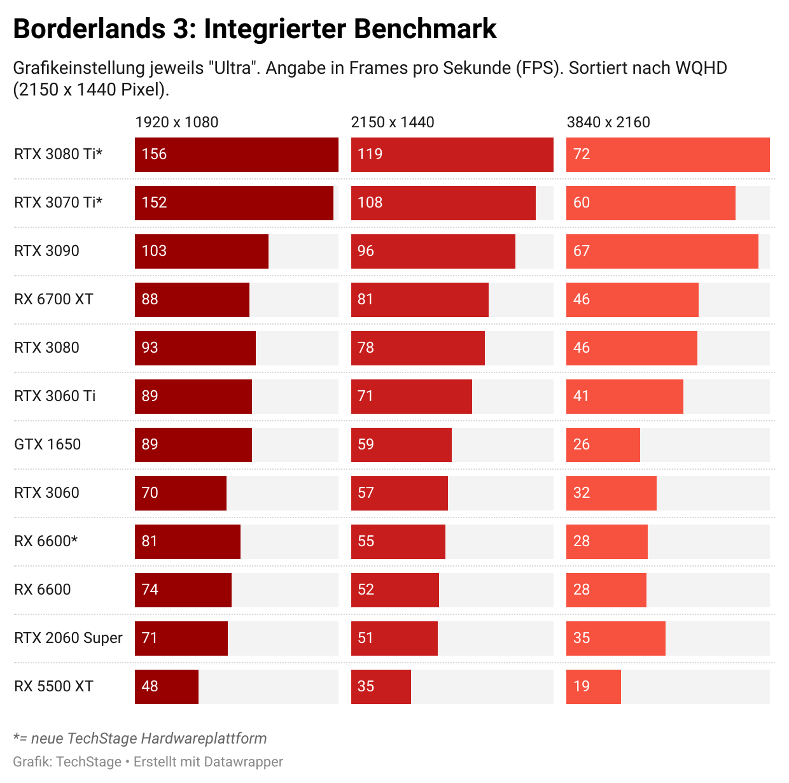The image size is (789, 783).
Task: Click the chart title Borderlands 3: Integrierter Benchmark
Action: coord(255,29)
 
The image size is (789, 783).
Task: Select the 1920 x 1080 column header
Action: coord(176,122)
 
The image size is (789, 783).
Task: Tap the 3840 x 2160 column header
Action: coord(608,122)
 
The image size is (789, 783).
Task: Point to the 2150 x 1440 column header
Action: coord(393,122)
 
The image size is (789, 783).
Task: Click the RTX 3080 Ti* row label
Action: coord(59,154)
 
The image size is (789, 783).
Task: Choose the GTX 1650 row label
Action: coord(48,444)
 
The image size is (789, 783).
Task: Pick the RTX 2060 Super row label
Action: coord(68,638)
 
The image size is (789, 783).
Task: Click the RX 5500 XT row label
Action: coord(53,686)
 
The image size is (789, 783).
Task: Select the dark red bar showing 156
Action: coord(237,155)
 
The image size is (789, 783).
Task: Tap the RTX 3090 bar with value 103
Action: coord(202,251)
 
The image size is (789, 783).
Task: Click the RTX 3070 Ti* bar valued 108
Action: coord(443,203)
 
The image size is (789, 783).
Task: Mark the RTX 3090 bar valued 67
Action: coord(662,251)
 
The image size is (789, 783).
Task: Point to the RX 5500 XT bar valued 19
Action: coord(594,687)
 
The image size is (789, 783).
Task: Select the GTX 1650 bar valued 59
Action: coord(401,445)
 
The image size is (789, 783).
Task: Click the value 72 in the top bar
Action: coord(582,154)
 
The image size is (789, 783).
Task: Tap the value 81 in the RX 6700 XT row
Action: coord(365,299)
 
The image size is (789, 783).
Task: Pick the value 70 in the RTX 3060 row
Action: coord(150,493)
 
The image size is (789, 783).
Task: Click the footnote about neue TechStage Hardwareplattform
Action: coord(140,738)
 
